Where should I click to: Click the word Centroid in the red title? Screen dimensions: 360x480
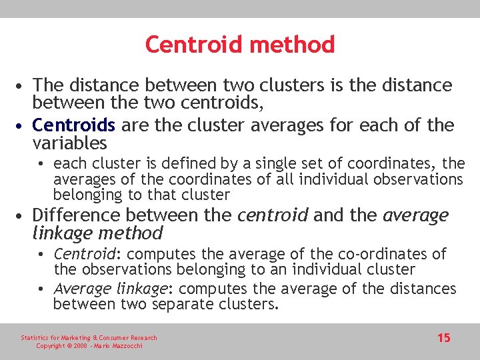tap(189, 45)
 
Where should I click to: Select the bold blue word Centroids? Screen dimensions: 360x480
tap(73, 125)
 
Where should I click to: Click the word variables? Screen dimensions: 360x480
tap(69, 143)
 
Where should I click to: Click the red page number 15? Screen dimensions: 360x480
tap(443, 338)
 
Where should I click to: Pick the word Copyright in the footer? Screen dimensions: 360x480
tap(50, 346)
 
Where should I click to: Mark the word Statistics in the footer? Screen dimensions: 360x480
tap(34, 338)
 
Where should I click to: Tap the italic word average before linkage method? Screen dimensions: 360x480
tap(417, 215)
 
